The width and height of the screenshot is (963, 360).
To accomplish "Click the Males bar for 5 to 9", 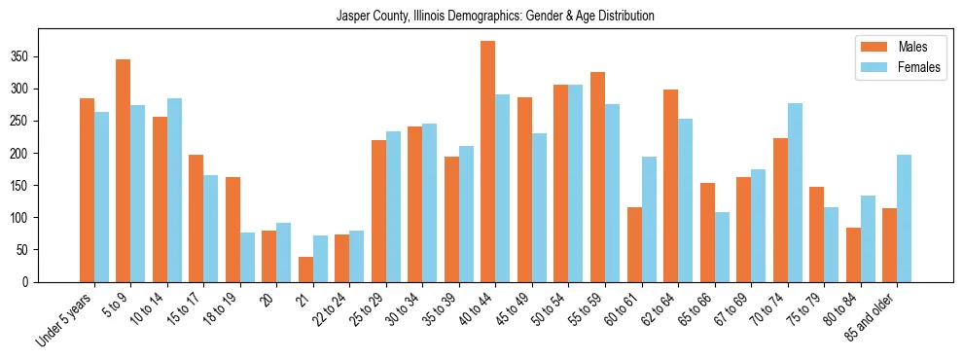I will coord(124,170).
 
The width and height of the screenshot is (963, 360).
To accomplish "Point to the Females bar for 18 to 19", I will coord(247,257).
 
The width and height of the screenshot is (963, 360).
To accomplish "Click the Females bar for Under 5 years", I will coord(101,197).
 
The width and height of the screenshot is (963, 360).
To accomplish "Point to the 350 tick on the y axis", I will coord(39,56).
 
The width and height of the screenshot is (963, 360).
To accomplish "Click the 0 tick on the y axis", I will coord(39,282).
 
